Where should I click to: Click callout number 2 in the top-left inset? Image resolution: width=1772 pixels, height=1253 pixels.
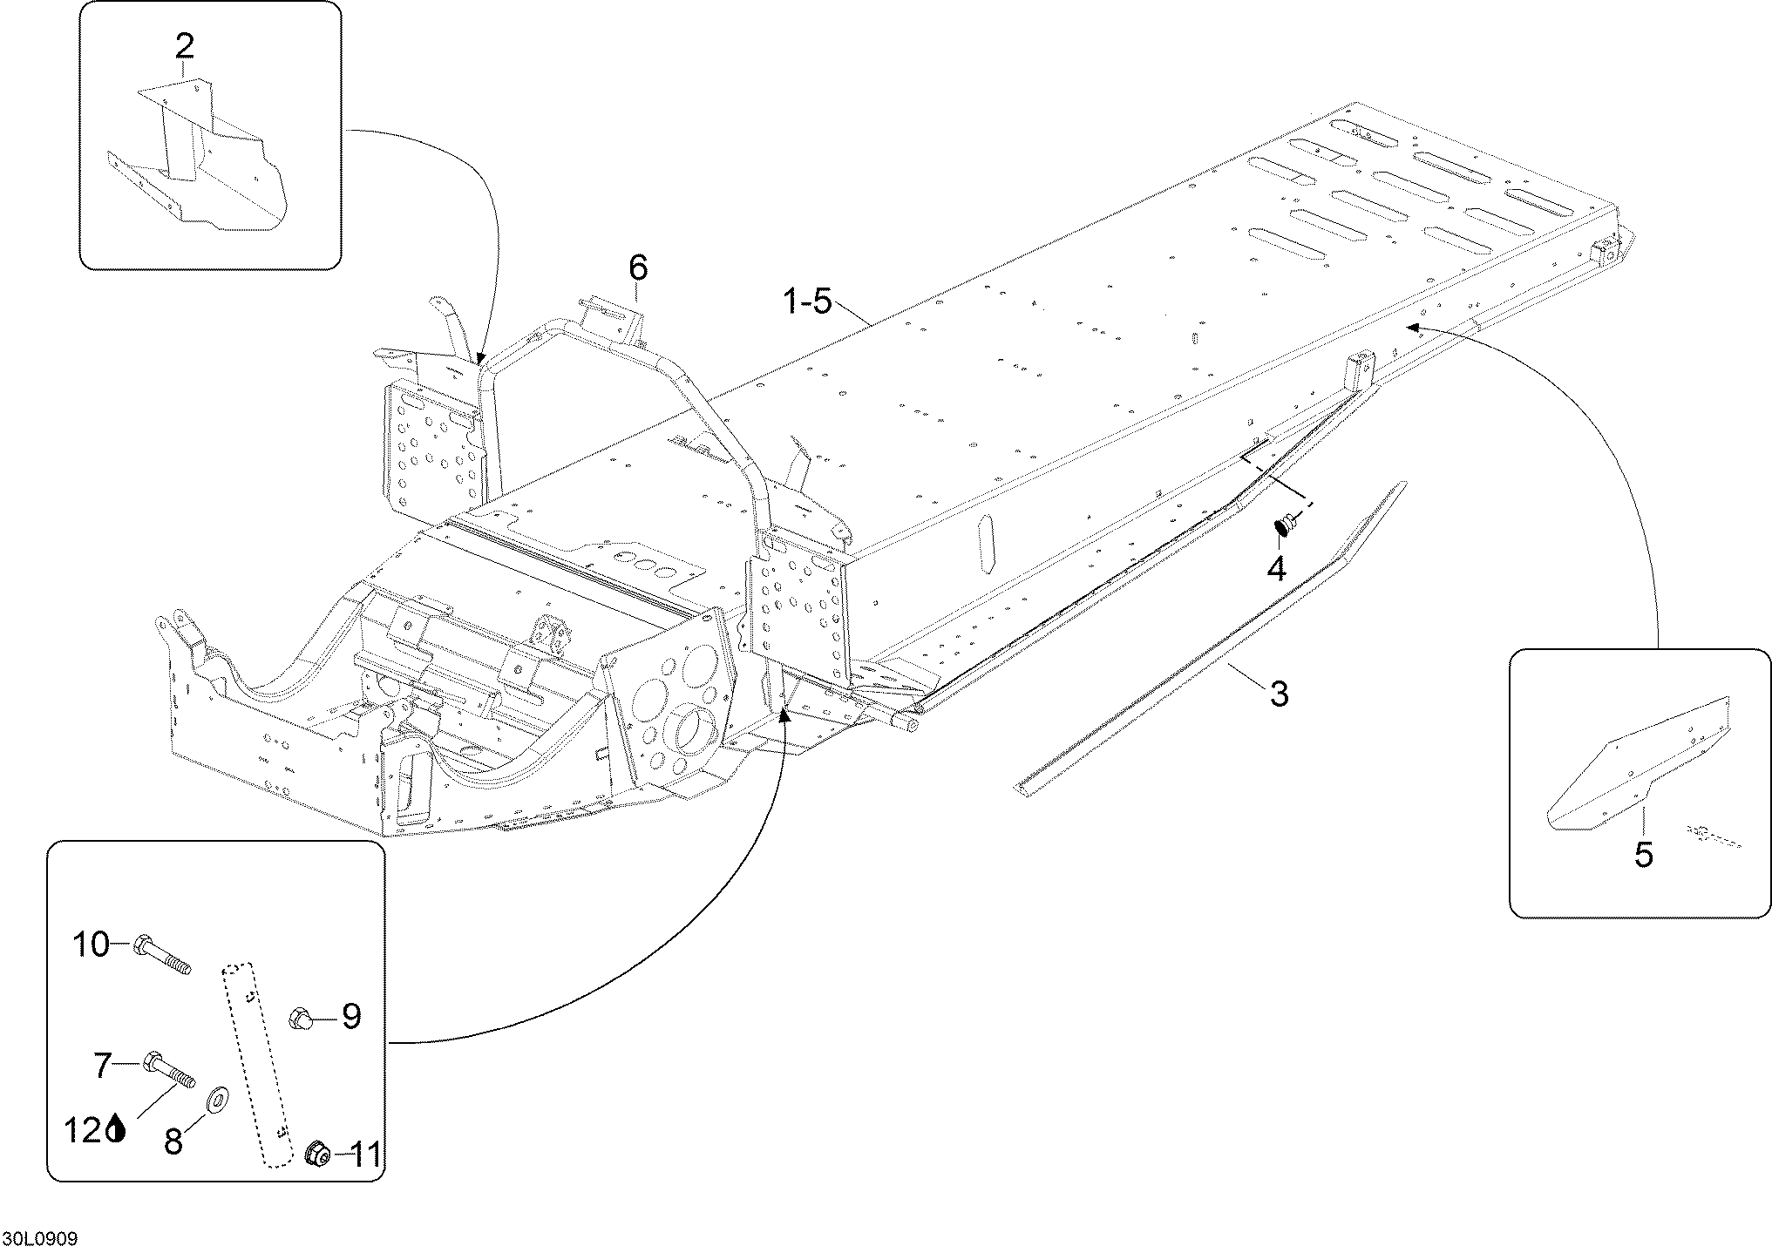(185, 44)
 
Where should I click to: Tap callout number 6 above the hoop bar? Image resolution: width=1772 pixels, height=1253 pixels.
(638, 268)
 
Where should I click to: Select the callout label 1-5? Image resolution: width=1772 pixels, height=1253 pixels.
(808, 302)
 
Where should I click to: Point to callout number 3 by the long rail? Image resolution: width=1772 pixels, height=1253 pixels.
(1279, 694)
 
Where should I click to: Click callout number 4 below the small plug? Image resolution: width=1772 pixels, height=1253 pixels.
(1275, 568)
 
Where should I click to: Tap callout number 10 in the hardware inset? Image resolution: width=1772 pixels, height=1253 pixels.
(91, 945)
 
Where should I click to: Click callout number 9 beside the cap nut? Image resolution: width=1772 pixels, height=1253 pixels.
(350, 1016)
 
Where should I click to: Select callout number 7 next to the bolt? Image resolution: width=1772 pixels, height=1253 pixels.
(103, 1065)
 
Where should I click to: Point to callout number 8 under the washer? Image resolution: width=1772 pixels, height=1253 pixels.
(173, 1140)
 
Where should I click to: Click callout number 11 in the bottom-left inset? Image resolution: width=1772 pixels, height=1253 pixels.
(364, 1155)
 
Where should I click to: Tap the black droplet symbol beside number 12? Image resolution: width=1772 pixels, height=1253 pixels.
(116, 1130)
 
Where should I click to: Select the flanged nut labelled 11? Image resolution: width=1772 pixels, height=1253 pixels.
(316, 1155)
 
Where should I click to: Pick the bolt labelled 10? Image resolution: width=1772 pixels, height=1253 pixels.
(162, 957)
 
